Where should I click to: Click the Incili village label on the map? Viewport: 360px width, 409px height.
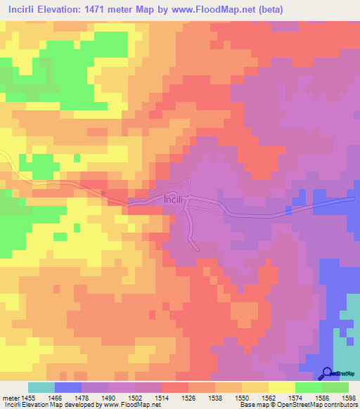click(174, 199)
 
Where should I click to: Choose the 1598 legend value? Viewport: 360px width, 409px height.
click(349, 398)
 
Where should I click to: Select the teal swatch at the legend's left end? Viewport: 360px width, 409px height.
click(41, 387)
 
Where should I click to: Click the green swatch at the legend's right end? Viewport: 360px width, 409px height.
click(335, 387)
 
